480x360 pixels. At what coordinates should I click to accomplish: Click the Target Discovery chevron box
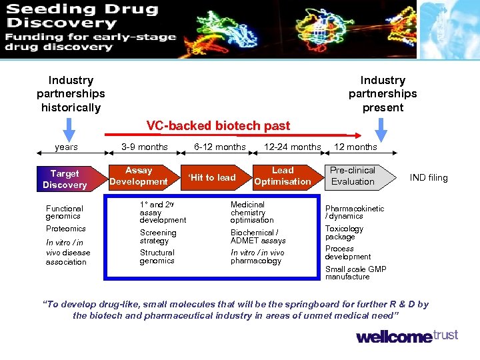tap(65, 179)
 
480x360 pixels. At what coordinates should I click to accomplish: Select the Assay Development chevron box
tap(139, 177)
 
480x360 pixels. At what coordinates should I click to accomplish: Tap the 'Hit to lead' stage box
tap(212, 177)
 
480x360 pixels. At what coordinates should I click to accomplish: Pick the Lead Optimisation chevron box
tap(282, 176)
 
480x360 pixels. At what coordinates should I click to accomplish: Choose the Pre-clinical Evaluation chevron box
tap(353, 176)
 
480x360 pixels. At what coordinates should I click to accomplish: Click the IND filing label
tap(429, 177)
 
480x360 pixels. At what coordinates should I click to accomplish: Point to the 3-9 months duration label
tap(145, 147)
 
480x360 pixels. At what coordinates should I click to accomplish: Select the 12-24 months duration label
tap(292, 147)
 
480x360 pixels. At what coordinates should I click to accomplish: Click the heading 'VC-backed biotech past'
tap(218, 125)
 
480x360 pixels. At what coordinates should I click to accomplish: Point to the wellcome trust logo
tap(407, 336)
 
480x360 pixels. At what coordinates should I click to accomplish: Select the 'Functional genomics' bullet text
tap(64, 212)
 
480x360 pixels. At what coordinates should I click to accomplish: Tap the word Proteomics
tap(65, 229)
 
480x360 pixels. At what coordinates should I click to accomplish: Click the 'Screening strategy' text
tap(158, 237)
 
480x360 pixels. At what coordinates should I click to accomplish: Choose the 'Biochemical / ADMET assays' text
tap(258, 237)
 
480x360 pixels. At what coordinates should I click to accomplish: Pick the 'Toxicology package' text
tap(344, 233)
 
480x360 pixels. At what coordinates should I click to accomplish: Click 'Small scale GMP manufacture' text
tap(355, 273)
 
